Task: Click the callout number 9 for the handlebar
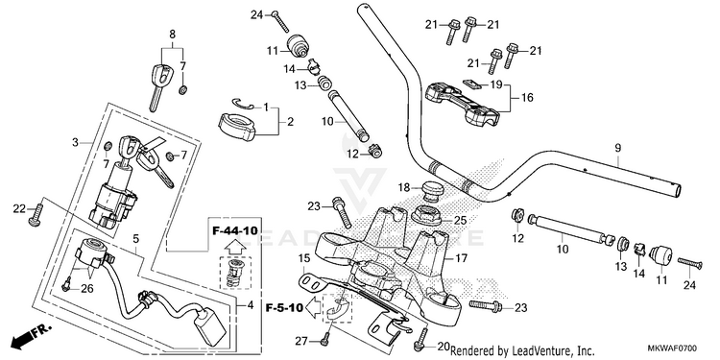point(617,148)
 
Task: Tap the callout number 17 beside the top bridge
point(461,258)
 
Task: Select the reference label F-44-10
point(234,230)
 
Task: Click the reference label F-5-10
point(284,307)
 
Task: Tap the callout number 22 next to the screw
point(19,209)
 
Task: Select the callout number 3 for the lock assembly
point(75,143)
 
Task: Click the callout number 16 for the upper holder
point(528,98)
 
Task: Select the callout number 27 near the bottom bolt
point(300,341)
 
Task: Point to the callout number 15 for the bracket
point(303,258)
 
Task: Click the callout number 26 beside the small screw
point(86,289)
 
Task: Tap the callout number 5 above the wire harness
point(136,238)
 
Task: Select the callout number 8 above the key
point(172,34)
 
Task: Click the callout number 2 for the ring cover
point(290,122)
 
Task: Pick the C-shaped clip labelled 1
point(243,105)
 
